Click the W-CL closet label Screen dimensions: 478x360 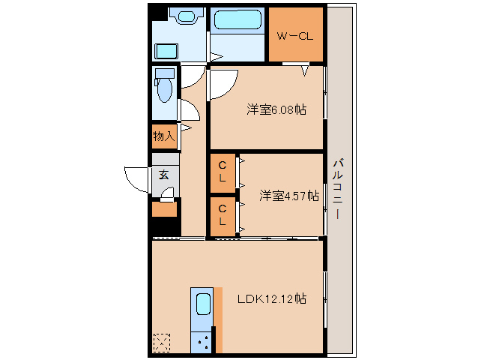click(x=294, y=36)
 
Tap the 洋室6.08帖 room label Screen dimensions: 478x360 click(x=276, y=109)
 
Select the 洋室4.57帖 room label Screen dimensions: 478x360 click(x=289, y=196)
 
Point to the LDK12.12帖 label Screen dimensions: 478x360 click(x=272, y=298)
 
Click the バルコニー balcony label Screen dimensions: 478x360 click(x=338, y=188)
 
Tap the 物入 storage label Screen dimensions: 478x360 click(x=164, y=136)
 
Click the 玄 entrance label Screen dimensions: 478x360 click(x=164, y=175)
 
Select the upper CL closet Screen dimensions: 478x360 click(x=223, y=172)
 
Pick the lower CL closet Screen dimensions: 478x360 click(x=223, y=216)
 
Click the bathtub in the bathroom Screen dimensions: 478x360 click(x=238, y=20)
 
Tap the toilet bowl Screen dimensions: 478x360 click(x=165, y=89)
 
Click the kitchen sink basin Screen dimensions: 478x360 click(x=203, y=304)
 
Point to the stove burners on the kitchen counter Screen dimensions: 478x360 click(x=203, y=342)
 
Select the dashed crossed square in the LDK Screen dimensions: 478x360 click(x=162, y=343)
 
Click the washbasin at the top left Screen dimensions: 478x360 click(x=187, y=16)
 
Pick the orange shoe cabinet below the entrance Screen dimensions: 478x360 click(x=165, y=209)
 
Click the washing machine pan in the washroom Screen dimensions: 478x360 click(x=166, y=51)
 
